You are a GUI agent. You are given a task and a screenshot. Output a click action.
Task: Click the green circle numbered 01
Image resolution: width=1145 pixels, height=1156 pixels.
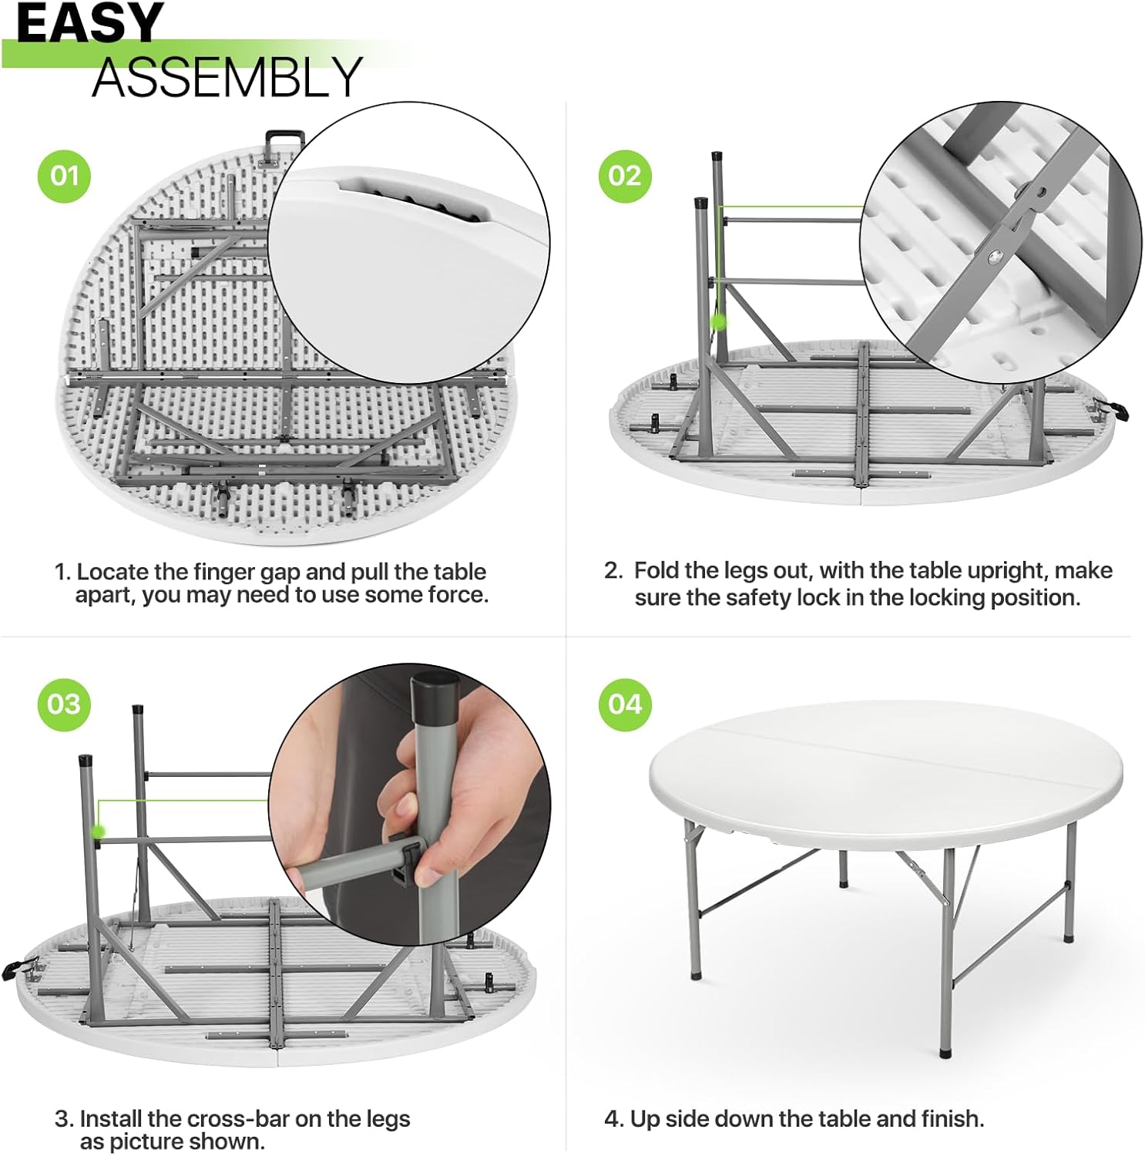(x=65, y=176)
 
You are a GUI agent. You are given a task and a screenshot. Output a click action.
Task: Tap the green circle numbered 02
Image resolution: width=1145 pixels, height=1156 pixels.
(x=625, y=176)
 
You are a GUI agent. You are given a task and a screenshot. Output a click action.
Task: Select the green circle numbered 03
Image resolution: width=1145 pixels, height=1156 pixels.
(x=65, y=704)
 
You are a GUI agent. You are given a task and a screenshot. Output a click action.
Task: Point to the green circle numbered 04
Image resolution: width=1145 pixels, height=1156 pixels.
(x=625, y=704)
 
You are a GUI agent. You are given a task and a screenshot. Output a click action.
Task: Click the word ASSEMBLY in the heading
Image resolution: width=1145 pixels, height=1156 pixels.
(x=227, y=77)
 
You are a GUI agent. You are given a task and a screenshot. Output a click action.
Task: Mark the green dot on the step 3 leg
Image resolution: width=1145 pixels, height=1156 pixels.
(x=98, y=831)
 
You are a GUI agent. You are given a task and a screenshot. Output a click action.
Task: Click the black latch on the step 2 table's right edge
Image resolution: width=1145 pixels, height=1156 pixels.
(x=1112, y=409)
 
